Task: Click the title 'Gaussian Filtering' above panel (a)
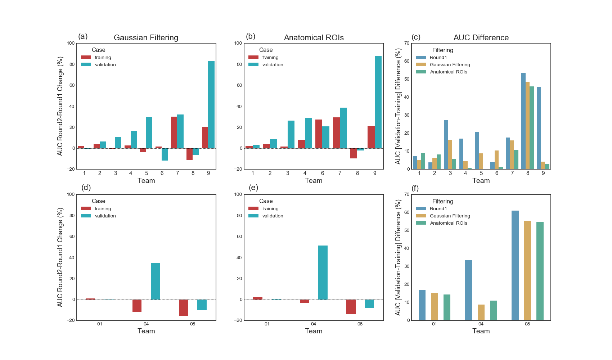146,38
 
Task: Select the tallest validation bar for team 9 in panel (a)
211,104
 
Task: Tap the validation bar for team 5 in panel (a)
149,132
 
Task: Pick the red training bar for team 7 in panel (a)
174,132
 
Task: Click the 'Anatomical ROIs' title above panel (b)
314,38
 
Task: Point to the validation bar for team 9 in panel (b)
378,102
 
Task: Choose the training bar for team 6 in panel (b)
319,134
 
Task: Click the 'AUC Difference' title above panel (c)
481,38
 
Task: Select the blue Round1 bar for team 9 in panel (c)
539,128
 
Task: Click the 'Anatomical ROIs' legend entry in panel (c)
448,72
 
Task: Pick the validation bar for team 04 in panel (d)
156,281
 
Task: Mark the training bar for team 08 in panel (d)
184,308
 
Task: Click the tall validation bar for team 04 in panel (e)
323,273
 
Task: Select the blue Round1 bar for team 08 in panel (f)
515,265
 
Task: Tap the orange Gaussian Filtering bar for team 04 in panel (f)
481,312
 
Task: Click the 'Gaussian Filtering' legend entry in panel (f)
450,216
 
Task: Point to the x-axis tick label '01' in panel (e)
267,324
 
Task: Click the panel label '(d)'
86,188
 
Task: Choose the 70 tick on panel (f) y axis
407,194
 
